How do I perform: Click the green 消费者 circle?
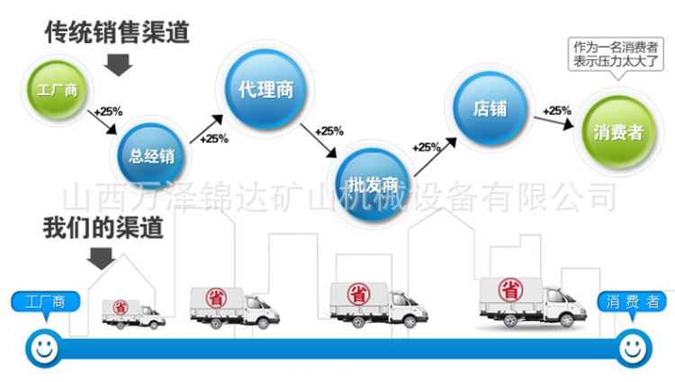click(x=617, y=133)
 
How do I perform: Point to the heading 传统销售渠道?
click(x=117, y=33)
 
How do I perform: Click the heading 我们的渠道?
click(x=103, y=227)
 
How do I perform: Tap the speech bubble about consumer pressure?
click(x=616, y=54)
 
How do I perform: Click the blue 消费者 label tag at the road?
click(x=633, y=302)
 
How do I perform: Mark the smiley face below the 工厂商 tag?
click(x=41, y=345)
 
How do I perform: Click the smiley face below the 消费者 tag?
click(x=633, y=345)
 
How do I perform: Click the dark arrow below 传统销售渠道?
click(x=118, y=64)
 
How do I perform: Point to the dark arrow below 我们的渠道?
click(x=102, y=258)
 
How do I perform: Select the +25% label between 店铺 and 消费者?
click(x=556, y=111)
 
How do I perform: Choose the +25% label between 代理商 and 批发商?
click(x=329, y=131)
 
